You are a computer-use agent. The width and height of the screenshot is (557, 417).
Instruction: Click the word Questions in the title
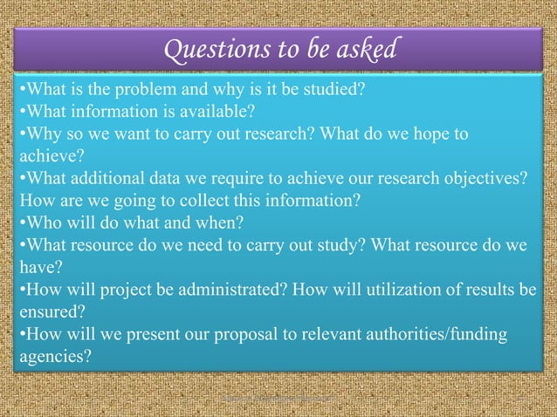click(207, 51)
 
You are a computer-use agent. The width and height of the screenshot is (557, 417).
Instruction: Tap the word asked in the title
click(363, 51)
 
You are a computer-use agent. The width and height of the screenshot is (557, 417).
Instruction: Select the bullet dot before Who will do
click(20, 222)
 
